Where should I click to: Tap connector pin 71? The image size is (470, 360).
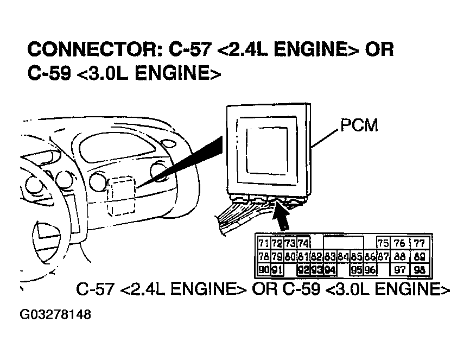(x=264, y=243)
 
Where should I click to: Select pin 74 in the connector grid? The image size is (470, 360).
(x=303, y=243)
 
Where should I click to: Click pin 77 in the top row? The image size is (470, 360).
(x=418, y=243)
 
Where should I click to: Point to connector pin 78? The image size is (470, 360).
(x=264, y=256)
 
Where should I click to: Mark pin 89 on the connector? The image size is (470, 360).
(x=418, y=256)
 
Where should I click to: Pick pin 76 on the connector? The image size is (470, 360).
(x=399, y=243)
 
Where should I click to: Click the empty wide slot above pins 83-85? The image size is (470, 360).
(x=343, y=243)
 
